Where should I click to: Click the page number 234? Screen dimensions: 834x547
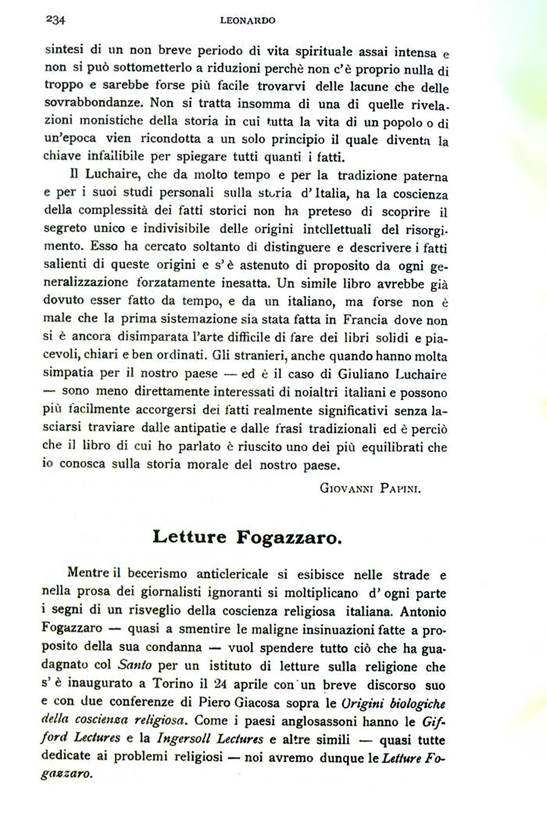point(56,20)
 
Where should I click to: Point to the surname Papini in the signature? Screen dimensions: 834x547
point(400,488)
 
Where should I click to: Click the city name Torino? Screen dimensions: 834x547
point(173,684)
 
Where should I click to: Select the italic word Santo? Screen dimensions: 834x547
point(135,665)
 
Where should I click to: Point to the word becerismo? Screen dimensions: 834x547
point(157,574)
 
